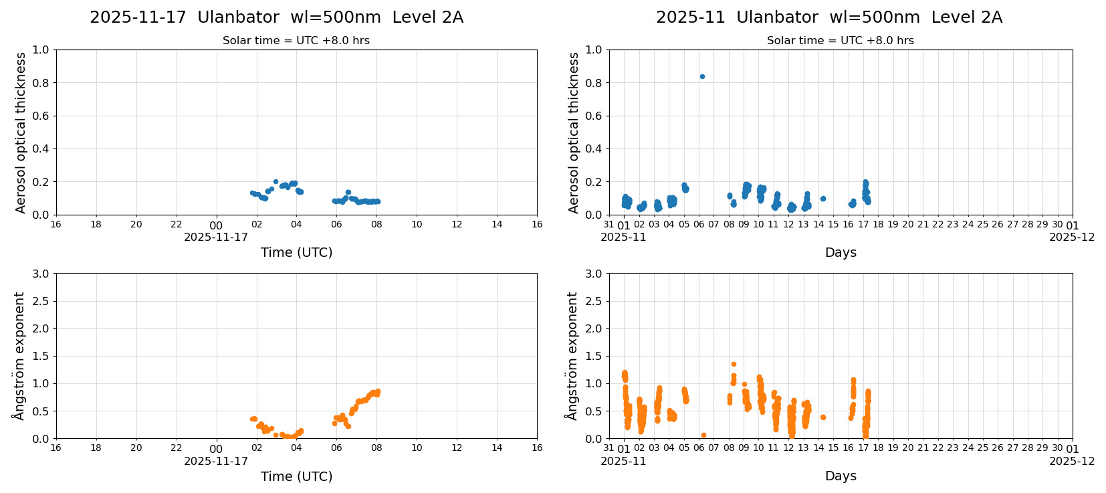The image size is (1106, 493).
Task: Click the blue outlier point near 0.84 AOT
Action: coord(701,76)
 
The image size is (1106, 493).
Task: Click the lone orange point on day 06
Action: coord(703,435)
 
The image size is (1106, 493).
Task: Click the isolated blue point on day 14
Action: coord(823,199)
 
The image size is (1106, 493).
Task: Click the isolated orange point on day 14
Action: coord(823,417)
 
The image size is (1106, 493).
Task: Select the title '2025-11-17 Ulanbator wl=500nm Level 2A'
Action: coord(276,17)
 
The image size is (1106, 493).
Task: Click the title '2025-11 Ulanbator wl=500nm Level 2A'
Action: coord(828,17)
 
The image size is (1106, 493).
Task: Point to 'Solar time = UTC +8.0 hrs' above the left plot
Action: coord(296,41)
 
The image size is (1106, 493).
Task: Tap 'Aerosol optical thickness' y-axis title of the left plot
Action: coord(21,132)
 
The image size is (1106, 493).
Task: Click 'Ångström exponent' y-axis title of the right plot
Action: coord(572,356)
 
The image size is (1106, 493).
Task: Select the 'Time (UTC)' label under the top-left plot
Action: coord(296,252)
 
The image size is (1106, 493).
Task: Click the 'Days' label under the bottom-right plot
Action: coord(840,476)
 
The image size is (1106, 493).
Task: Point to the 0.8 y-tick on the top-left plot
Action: coord(41,83)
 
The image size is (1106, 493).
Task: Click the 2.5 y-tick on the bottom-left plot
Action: coord(41,301)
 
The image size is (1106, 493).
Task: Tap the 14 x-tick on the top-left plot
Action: coord(497,224)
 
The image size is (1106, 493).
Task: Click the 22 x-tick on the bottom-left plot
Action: coord(176,448)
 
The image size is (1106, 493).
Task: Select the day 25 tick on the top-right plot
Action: coord(982,224)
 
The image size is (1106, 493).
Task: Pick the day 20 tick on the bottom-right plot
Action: coord(907,448)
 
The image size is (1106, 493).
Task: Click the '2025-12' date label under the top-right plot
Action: coord(1071,237)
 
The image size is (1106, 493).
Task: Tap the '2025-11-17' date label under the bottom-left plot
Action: coord(215,461)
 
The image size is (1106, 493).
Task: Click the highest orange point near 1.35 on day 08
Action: coord(734,365)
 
